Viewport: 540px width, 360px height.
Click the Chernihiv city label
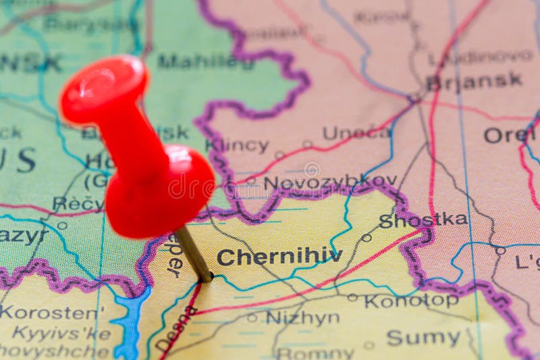pyautogui.click(x=279, y=257)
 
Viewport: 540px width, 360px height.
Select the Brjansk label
pyautogui.click(x=474, y=81)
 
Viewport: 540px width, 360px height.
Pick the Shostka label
pyautogui.click(x=423, y=220)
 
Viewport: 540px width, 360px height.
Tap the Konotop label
pyautogui.click(x=411, y=301)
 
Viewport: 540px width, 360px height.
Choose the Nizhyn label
pyautogui.click(x=302, y=317)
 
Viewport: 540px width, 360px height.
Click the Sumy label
pyautogui.click(x=423, y=337)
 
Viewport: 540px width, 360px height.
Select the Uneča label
pyautogui.click(x=356, y=132)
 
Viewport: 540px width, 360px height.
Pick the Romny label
pyautogui.click(x=315, y=353)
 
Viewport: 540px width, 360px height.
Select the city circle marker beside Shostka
pyautogui.click(x=367, y=238)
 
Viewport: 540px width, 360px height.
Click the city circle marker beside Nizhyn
pyautogui.click(x=252, y=317)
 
